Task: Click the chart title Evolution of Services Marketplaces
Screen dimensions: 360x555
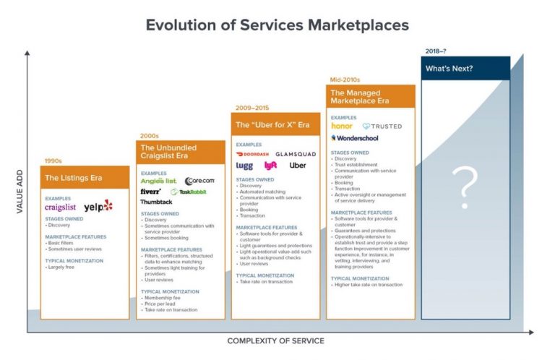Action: (x=277, y=25)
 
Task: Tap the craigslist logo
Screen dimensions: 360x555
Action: (x=60, y=207)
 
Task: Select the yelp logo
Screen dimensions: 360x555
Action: (x=98, y=206)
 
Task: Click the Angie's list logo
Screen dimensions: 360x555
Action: (x=158, y=181)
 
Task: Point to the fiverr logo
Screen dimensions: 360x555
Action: (x=151, y=192)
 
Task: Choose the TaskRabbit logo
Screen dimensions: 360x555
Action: (x=189, y=192)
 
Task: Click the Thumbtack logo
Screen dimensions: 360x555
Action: (x=156, y=202)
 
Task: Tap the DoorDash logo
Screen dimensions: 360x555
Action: (x=252, y=154)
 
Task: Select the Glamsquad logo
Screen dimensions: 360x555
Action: (x=295, y=154)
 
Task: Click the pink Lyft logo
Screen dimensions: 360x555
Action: (x=271, y=166)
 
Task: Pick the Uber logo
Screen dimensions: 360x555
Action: (x=297, y=166)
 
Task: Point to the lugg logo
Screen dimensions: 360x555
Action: (x=244, y=166)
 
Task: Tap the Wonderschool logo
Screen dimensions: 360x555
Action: (x=357, y=137)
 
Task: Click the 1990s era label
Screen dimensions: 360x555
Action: (x=53, y=160)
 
